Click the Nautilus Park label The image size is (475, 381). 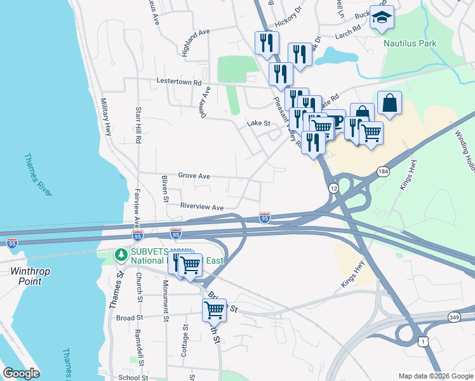[x=410, y=44]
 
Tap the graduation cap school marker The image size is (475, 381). [x=382, y=18]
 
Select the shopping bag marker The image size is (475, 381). [x=389, y=103]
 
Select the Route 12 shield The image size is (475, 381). [x=333, y=189]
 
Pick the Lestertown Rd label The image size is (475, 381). [x=179, y=82]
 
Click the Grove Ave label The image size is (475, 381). [x=194, y=175]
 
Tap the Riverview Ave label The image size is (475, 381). [x=202, y=207]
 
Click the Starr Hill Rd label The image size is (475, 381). [x=138, y=127]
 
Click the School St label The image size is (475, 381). [x=133, y=377]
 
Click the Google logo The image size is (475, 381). [x=22, y=373]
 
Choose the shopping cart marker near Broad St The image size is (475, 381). [x=215, y=310]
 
